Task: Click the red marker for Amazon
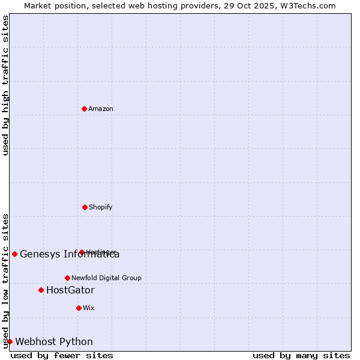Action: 84,109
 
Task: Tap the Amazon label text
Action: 101,109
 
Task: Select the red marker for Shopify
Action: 85,207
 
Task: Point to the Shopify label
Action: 101,208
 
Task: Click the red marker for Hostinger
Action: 82,252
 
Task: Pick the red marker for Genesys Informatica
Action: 14,254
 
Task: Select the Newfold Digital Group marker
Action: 67,278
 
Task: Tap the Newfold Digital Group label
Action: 106,278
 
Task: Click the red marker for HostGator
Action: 41,290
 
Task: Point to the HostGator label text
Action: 70,290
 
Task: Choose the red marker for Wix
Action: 79,308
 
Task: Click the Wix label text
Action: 89,308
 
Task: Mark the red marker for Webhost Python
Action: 10,341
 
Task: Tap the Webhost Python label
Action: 54,342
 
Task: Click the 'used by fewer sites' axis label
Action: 62,355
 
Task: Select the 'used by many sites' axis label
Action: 301,355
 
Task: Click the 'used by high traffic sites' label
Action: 6,85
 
